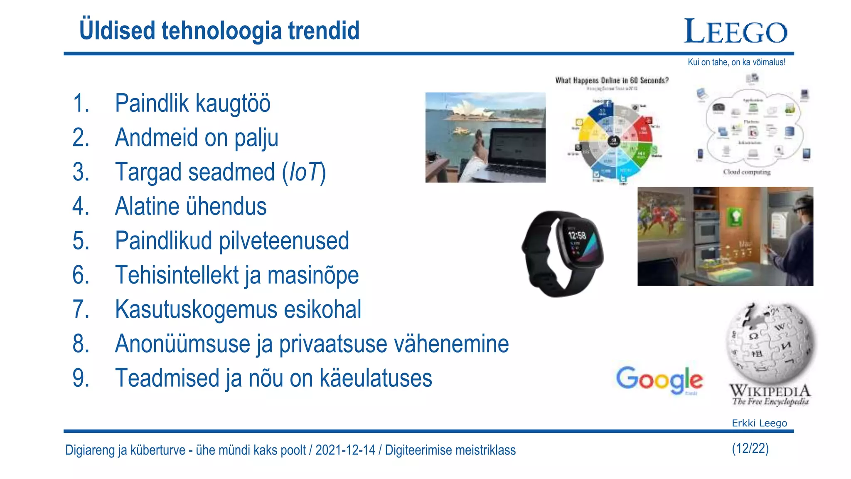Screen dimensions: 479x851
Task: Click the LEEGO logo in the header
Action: [735, 31]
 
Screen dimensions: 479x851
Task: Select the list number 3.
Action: [81, 172]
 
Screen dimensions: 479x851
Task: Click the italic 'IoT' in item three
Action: [304, 172]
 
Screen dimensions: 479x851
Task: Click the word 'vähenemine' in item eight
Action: [451, 344]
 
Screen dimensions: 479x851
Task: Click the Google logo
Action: [659, 380]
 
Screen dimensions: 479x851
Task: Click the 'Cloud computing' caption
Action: [747, 172]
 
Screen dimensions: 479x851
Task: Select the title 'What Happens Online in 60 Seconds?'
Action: [612, 80]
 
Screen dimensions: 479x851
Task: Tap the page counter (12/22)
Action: [750, 449]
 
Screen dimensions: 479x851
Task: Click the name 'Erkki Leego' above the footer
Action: [759, 423]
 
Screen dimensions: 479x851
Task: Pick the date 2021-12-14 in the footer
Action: [345, 450]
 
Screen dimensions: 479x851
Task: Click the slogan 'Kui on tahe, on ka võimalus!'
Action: [736, 62]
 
